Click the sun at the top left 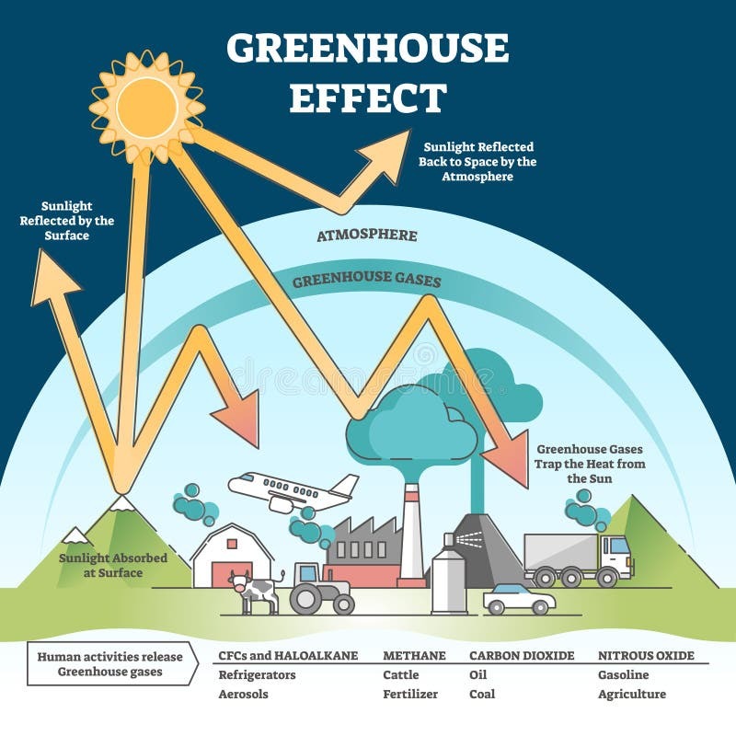pyautogui.click(x=147, y=108)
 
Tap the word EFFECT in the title pyautogui.click(x=367, y=98)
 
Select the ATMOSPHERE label pyautogui.click(x=367, y=236)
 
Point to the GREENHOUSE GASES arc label pyautogui.click(x=366, y=280)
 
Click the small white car pyautogui.click(x=519, y=599)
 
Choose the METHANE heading pyautogui.click(x=414, y=655)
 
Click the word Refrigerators pyautogui.click(x=258, y=675)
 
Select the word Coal pyautogui.click(x=482, y=694)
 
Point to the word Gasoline pyautogui.click(x=624, y=675)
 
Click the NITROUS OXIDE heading pyautogui.click(x=646, y=655)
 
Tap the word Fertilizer pyautogui.click(x=410, y=694)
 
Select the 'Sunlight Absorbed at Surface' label pyautogui.click(x=112, y=565)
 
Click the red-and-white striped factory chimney pyautogui.click(x=411, y=535)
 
